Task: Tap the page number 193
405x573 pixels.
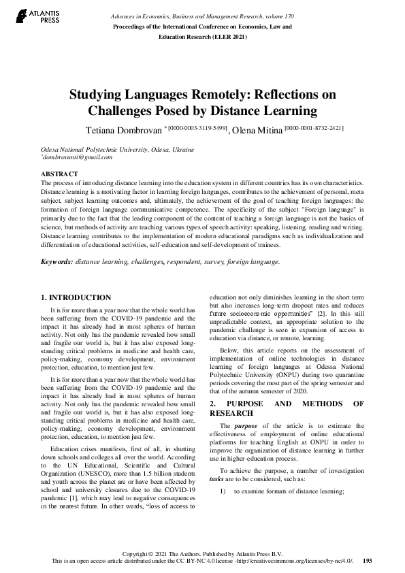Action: coord(368,561)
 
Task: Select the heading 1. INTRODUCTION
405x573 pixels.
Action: coord(76,297)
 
